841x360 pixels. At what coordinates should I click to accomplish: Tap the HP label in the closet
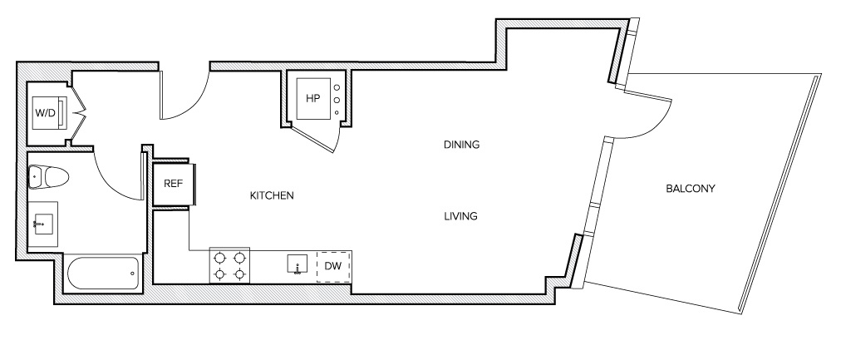[312, 99]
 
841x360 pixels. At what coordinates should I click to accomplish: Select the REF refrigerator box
[173, 184]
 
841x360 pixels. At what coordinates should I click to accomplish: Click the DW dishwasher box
[332, 266]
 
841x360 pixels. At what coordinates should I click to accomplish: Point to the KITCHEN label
[273, 196]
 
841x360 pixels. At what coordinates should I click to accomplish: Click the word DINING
[461, 145]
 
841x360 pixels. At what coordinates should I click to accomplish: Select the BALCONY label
[691, 189]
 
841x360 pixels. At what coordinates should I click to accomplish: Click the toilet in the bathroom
[48, 176]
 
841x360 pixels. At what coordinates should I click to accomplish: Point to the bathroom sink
[42, 224]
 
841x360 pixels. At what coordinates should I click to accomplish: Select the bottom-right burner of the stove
[239, 274]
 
